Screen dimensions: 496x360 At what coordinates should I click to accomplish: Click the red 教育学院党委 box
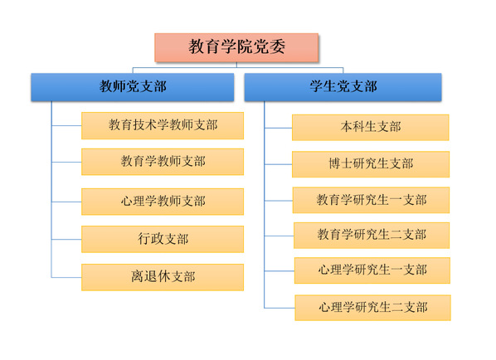236,47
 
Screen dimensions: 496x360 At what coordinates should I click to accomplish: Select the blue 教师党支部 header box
133,87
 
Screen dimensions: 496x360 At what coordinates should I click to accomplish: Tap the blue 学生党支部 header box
343,87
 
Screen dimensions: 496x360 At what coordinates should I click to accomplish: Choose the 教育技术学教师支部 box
163,125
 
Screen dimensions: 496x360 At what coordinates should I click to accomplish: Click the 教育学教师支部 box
163,162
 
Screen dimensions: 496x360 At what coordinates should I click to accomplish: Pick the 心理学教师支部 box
163,202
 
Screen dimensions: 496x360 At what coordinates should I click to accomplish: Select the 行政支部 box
163,239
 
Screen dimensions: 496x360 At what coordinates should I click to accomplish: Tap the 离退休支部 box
163,277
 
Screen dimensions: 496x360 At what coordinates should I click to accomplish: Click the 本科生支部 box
371,128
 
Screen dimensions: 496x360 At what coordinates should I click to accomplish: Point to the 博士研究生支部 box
371,164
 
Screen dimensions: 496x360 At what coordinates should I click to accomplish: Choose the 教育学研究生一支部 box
371,200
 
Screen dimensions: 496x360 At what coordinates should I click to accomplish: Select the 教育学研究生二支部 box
372,236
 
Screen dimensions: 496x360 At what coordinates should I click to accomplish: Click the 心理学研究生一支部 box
372,270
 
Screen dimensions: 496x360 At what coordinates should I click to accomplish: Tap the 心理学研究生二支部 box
373,308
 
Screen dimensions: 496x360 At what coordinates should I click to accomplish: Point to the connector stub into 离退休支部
66,277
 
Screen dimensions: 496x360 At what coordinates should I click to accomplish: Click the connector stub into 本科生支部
278,128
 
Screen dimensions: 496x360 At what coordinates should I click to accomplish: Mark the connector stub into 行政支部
66,240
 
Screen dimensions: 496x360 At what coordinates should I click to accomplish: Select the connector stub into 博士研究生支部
278,164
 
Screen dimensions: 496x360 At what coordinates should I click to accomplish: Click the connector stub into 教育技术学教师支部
66,126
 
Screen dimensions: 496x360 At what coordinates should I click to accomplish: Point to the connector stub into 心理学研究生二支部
280,308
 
